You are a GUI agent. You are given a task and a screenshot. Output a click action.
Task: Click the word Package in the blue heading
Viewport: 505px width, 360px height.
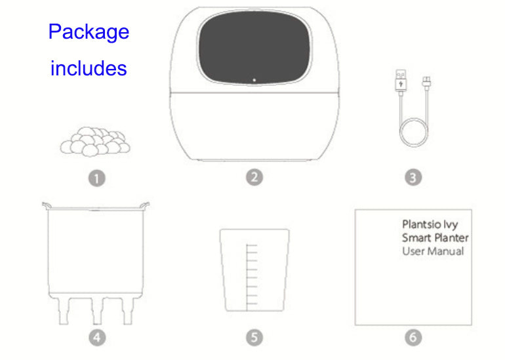[89, 32]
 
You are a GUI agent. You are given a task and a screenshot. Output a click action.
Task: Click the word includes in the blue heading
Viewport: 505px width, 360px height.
[89, 68]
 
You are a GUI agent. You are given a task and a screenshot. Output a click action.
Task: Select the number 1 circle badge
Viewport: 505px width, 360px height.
[97, 178]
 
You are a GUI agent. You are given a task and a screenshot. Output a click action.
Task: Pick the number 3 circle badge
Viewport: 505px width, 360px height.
[413, 178]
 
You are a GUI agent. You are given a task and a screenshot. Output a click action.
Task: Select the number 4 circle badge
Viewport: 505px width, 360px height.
[97, 337]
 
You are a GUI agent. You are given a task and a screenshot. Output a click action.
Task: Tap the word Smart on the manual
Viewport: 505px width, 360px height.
[416, 238]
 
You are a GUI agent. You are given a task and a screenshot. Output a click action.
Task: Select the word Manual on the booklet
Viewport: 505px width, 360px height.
[446, 251]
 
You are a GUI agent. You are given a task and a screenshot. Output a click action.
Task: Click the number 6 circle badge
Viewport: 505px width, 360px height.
[413, 337]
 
